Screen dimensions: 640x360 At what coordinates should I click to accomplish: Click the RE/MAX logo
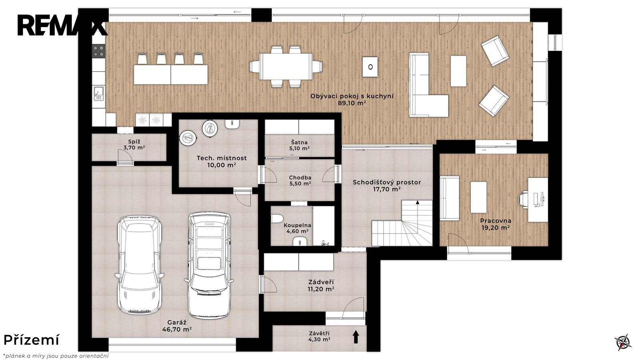(62, 26)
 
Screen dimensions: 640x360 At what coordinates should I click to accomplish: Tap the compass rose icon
(623, 342)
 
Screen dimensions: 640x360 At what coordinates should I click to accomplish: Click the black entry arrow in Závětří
(356, 337)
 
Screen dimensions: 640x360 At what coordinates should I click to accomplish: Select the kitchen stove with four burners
(98, 51)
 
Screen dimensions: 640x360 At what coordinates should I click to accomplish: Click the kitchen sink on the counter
(98, 94)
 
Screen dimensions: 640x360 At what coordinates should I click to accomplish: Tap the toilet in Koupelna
(276, 219)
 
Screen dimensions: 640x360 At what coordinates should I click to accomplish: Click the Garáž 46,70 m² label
(177, 326)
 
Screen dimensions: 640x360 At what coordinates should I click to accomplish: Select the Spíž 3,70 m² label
(134, 144)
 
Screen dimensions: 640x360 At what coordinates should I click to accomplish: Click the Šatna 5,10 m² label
(300, 145)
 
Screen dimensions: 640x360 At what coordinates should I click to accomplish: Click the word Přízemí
(32, 340)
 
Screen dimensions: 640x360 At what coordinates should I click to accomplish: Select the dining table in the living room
(286, 66)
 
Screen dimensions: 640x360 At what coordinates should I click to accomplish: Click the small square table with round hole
(370, 67)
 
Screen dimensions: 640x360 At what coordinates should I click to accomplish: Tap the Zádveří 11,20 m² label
(321, 286)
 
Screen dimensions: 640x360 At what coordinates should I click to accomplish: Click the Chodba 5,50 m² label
(300, 180)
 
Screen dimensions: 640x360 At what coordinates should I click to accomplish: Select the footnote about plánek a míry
(56, 356)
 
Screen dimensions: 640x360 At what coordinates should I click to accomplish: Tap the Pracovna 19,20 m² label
(496, 224)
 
